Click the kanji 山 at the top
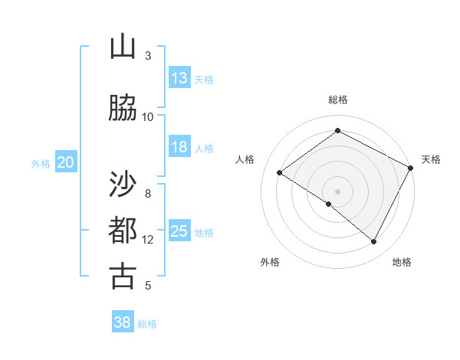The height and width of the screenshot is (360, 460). click(123, 47)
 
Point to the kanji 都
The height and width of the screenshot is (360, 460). click(123, 231)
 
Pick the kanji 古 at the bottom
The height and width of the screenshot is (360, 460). click(123, 276)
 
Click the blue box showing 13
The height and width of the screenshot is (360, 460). click(179, 78)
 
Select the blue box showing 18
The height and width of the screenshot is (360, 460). click(179, 147)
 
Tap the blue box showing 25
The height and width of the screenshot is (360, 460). click(179, 231)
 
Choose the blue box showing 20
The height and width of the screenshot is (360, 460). click(66, 162)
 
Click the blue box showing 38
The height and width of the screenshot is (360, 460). click(122, 322)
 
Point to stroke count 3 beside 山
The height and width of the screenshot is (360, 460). click(148, 56)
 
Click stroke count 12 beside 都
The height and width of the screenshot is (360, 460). click(148, 240)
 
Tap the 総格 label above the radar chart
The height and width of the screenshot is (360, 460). click(337, 100)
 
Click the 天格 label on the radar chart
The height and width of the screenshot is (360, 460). click(431, 159)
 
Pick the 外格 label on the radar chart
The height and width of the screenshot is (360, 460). click(270, 262)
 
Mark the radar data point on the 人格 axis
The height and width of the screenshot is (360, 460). click(280, 172)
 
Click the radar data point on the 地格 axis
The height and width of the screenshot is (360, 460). click(373, 241)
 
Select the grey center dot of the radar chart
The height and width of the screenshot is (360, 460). click(337, 191)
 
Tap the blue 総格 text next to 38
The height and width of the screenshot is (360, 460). click(147, 324)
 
